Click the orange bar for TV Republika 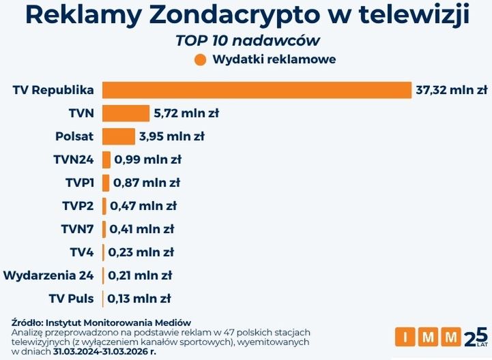(257, 90)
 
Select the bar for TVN (126, 113)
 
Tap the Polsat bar (119, 136)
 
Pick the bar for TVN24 (106, 160)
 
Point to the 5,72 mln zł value (186, 113)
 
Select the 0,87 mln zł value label (146, 183)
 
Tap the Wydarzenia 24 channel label (49, 275)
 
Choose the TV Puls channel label (72, 299)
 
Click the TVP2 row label (77, 206)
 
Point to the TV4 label (82, 252)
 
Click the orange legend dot (200, 59)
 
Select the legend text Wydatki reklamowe (274, 59)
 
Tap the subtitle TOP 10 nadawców (248, 40)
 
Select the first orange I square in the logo (405, 337)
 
